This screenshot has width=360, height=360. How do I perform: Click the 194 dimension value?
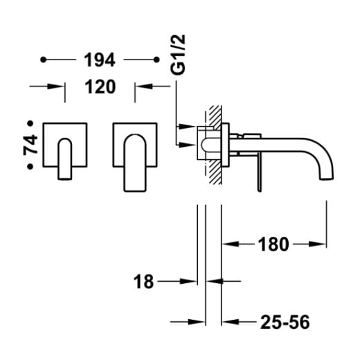tap(100, 60)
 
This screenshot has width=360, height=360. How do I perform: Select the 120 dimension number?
tap(100, 87)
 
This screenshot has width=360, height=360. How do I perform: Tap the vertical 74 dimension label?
tap(30, 145)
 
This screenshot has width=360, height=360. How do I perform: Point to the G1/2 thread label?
tap(178, 55)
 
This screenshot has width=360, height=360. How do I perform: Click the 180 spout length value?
tap(273, 244)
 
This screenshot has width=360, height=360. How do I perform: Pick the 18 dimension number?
tap(143, 282)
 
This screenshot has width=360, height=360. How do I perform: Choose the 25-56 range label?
tap(285, 322)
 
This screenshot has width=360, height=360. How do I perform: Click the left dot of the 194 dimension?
tap(43, 60)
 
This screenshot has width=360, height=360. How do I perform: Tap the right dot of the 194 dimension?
tap(156, 60)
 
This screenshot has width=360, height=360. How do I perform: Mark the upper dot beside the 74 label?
tap(30, 123)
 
